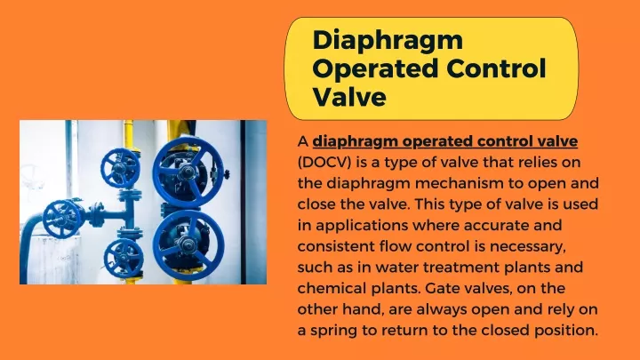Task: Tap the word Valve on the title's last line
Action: coord(349,97)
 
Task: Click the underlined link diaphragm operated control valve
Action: coord(445,141)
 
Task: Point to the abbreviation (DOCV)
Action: coord(324,163)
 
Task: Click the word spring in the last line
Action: coord(335,331)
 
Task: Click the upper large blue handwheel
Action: coord(188,170)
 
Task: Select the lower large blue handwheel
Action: coord(188,244)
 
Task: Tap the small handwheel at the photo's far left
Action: coord(62,219)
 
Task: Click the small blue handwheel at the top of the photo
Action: coord(120,168)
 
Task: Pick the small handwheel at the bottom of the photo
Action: coord(124,259)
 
